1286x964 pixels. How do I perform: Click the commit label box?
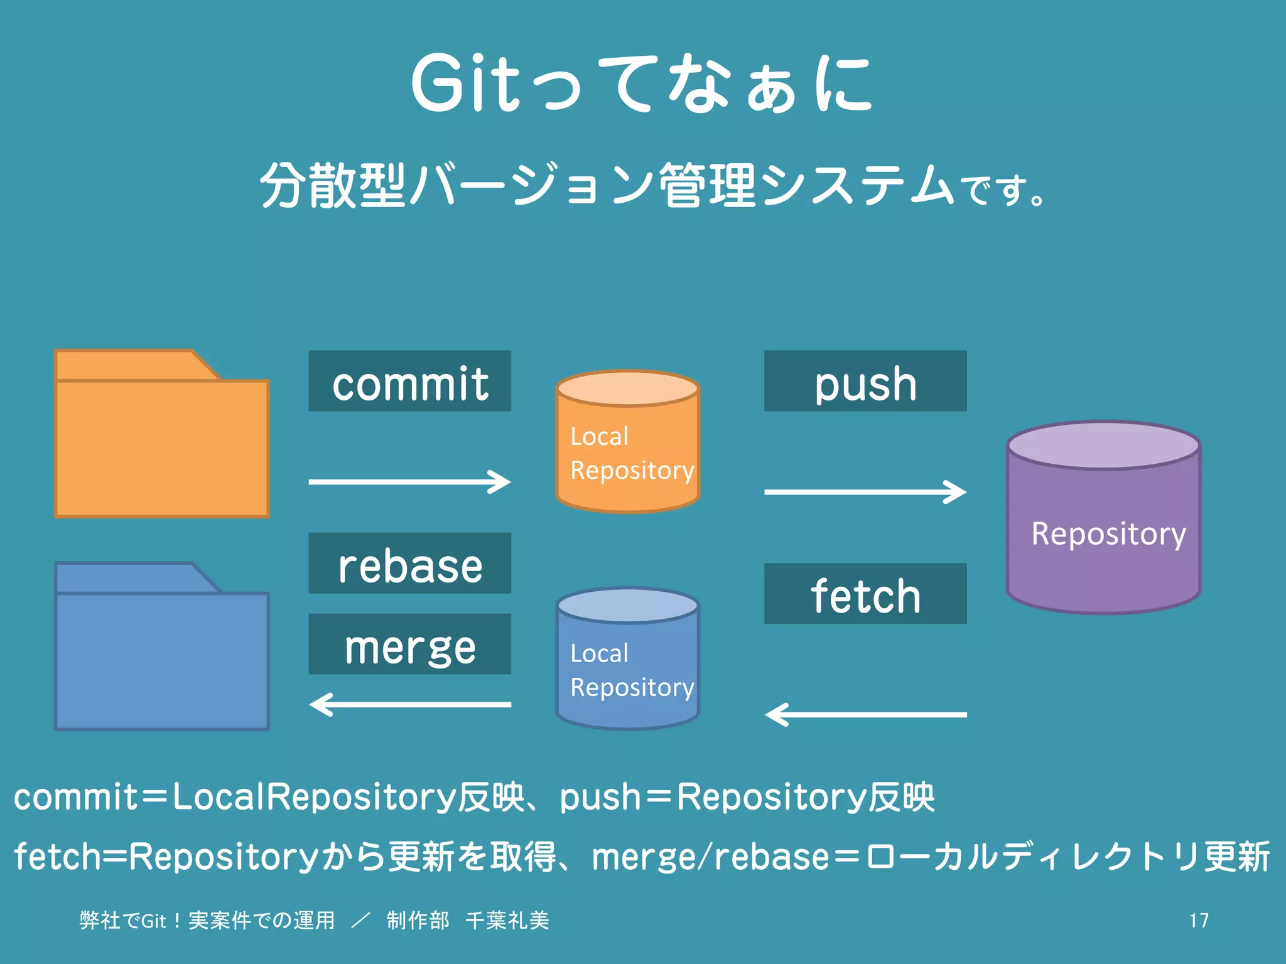click(x=409, y=381)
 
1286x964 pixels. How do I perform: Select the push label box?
click(x=865, y=381)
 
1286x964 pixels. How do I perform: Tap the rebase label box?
click(x=409, y=563)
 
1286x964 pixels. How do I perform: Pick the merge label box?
click(x=409, y=644)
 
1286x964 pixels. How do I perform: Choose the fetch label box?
click(x=865, y=593)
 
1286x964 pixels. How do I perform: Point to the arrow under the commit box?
click(x=409, y=482)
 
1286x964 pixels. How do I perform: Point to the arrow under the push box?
click(x=865, y=492)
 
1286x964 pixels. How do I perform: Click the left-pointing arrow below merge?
click(x=409, y=704)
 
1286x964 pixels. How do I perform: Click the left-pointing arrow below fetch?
click(x=865, y=714)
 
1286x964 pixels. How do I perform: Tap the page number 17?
click(x=1198, y=921)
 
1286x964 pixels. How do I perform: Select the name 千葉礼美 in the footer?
click(x=507, y=921)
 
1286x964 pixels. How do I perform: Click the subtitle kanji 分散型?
click(x=333, y=185)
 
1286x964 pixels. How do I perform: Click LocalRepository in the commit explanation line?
click(x=313, y=797)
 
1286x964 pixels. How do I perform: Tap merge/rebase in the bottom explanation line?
click(x=710, y=857)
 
